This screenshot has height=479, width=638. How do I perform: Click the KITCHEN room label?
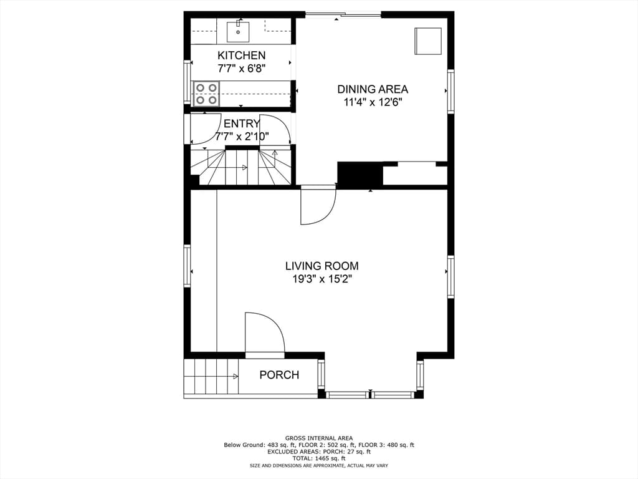pyautogui.click(x=241, y=56)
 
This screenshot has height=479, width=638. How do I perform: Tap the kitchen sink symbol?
pyautogui.click(x=237, y=31)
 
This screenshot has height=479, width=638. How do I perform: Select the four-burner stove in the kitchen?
pyautogui.click(x=206, y=94)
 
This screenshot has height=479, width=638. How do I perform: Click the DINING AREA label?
pyautogui.click(x=373, y=89)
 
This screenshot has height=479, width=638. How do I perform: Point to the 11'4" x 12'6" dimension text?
pyautogui.click(x=373, y=102)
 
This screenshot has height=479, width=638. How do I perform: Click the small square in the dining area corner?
pyautogui.click(x=428, y=41)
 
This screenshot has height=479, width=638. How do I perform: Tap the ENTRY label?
pyautogui.click(x=242, y=123)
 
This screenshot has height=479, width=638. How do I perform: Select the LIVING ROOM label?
pyautogui.click(x=322, y=266)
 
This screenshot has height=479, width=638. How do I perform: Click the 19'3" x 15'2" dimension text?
pyautogui.click(x=322, y=279)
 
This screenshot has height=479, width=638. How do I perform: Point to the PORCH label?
pyautogui.click(x=279, y=375)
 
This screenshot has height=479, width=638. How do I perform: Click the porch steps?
pyautogui.click(x=211, y=376)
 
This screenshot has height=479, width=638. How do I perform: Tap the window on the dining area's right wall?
pyautogui.click(x=451, y=91)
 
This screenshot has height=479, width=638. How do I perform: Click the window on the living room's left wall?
pyautogui.click(x=187, y=266)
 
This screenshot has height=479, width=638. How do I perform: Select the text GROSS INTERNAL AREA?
pyautogui.click(x=319, y=438)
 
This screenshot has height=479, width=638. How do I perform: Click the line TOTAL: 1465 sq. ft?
pyautogui.click(x=319, y=458)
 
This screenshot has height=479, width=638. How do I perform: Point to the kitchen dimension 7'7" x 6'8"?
pyautogui.click(x=242, y=69)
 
